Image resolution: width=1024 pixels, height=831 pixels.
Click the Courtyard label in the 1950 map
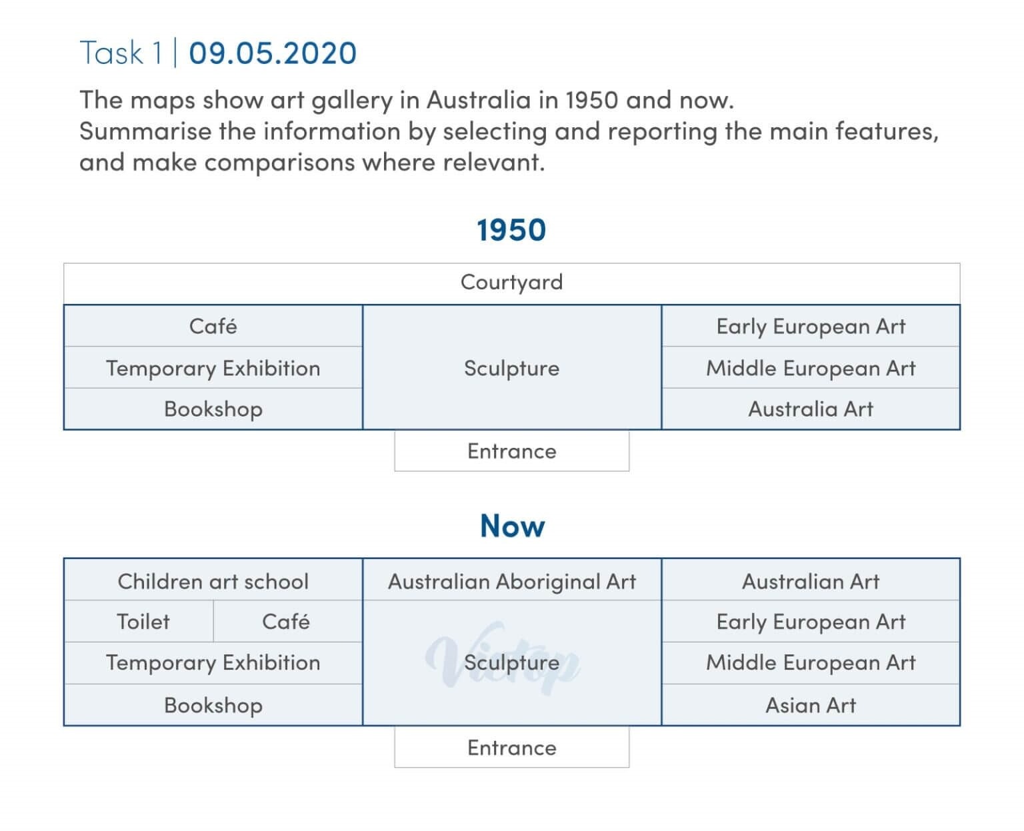(511, 282)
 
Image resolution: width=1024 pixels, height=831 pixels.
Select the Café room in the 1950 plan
(213, 326)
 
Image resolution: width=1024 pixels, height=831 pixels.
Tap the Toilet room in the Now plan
(139, 621)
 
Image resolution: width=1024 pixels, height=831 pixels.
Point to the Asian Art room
(811, 704)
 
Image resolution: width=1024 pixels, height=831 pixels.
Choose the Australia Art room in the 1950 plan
(811, 409)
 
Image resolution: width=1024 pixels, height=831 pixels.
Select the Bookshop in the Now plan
(213, 704)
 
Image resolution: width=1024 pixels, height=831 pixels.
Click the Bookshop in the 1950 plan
(213, 409)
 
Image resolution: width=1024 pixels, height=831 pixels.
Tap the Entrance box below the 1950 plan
(511, 451)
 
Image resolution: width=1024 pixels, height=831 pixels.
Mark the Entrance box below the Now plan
(511, 748)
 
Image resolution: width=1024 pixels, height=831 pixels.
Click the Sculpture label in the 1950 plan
(511, 368)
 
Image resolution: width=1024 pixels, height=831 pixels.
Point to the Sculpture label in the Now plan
(511, 663)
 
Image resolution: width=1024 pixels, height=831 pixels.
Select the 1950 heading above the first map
(511, 230)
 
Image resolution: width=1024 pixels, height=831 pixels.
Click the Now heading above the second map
(513, 525)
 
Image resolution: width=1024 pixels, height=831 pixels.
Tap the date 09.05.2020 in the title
(273, 53)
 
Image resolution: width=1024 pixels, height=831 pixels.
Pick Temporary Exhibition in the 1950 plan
(213, 367)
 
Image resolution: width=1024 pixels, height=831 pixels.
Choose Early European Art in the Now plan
(811, 621)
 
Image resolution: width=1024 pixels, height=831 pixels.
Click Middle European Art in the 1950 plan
(811, 367)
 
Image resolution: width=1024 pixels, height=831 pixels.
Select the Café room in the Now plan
(288, 621)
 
